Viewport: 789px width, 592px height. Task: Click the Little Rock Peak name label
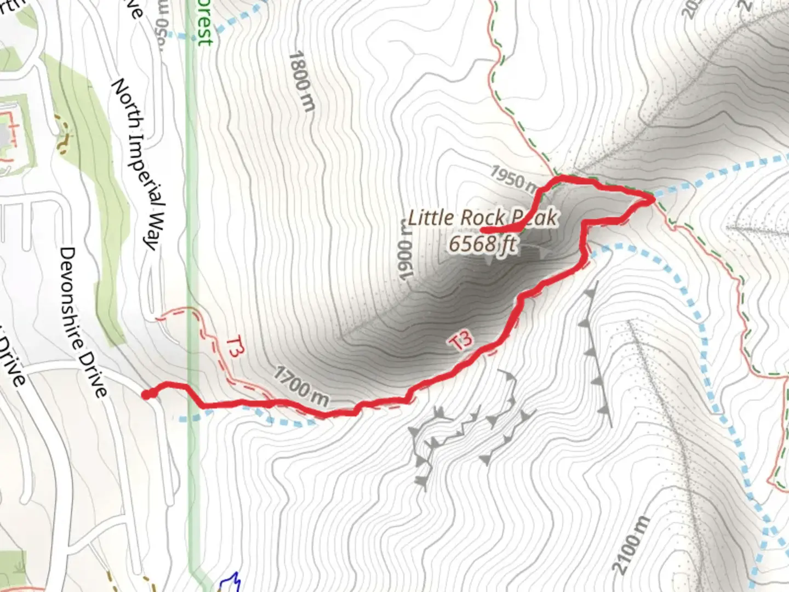pyautogui.click(x=482, y=218)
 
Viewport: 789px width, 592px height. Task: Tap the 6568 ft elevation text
pyautogui.click(x=482, y=243)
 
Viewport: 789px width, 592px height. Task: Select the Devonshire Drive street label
pyautogui.click(x=83, y=322)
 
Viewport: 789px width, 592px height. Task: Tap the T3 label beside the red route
pyautogui.click(x=461, y=341)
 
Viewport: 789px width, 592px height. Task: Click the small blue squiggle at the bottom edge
pyautogui.click(x=231, y=583)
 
